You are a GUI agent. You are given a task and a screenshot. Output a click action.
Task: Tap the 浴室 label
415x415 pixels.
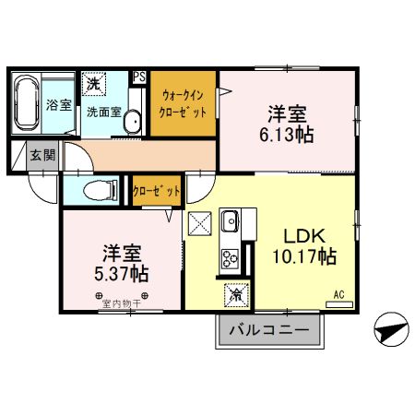tap(58, 105)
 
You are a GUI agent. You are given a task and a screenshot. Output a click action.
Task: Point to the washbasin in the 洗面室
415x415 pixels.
tap(132, 120)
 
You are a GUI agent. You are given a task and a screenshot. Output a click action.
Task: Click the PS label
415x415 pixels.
tap(139, 77)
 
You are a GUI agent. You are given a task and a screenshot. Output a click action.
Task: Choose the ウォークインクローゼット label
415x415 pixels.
tap(184, 103)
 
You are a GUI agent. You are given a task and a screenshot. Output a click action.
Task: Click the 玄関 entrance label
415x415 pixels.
tap(41, 154)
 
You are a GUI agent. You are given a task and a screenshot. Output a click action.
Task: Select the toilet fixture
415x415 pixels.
tap(97, 191)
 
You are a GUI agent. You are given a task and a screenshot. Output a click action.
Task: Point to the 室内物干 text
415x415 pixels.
tap(123, 302)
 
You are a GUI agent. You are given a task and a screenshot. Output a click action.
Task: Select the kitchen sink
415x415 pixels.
tap(229, 221)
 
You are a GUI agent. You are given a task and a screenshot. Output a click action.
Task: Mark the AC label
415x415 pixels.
tap(338, 294)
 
